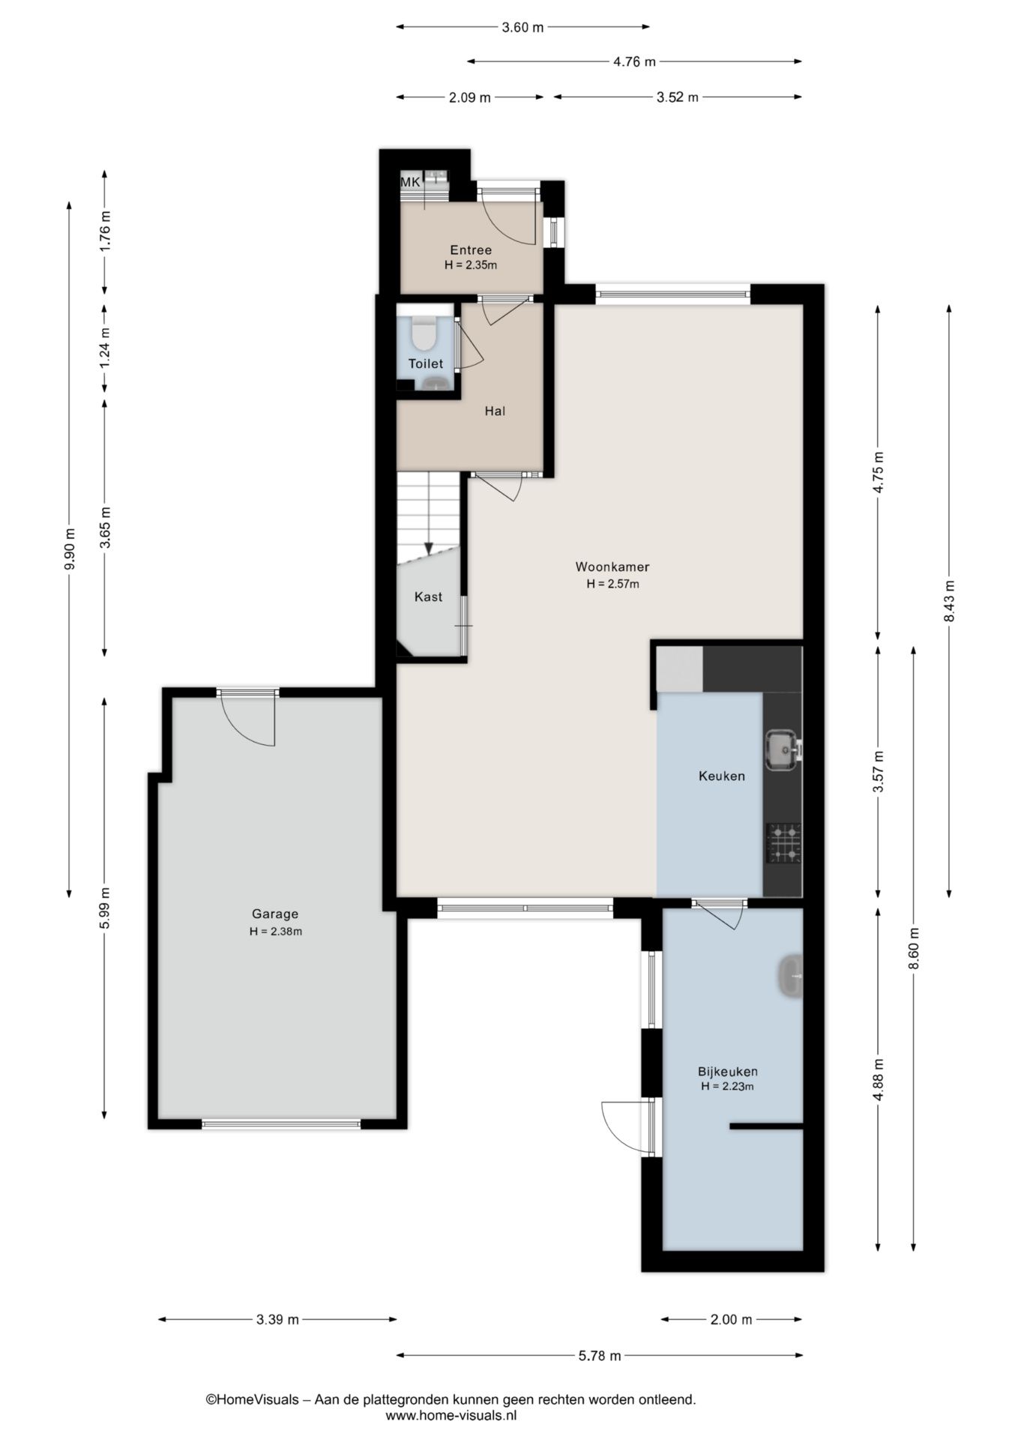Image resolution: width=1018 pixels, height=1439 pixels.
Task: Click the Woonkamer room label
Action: click(612, 567)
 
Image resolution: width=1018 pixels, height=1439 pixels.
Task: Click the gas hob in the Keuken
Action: click(783, 843)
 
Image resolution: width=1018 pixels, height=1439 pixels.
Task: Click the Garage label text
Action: click(275, 914)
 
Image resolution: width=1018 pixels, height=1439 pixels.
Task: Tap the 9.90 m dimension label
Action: click(70, 549)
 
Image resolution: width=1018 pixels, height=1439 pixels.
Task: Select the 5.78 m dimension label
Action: click(600, 1355)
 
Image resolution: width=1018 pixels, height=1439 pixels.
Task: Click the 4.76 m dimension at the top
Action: click(634, 62)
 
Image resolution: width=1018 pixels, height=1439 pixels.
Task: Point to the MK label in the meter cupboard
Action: click(410, 181)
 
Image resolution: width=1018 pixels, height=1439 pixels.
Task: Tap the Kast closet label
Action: click(428, 597)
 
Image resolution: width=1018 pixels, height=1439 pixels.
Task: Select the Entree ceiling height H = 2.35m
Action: click(471, 265)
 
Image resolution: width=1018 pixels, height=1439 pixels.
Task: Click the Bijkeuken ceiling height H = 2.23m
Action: click(727, 1086)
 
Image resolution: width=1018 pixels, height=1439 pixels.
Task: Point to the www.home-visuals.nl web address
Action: click(451, 1415)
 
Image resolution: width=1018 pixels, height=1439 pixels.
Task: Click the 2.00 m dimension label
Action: click(731, 1319)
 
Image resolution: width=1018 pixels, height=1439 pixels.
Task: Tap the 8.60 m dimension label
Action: click(914, 948)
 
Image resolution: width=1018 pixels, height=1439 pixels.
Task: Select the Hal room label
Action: click(495, 411)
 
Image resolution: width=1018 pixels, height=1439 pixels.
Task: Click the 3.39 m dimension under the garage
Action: click(277, 1319)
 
